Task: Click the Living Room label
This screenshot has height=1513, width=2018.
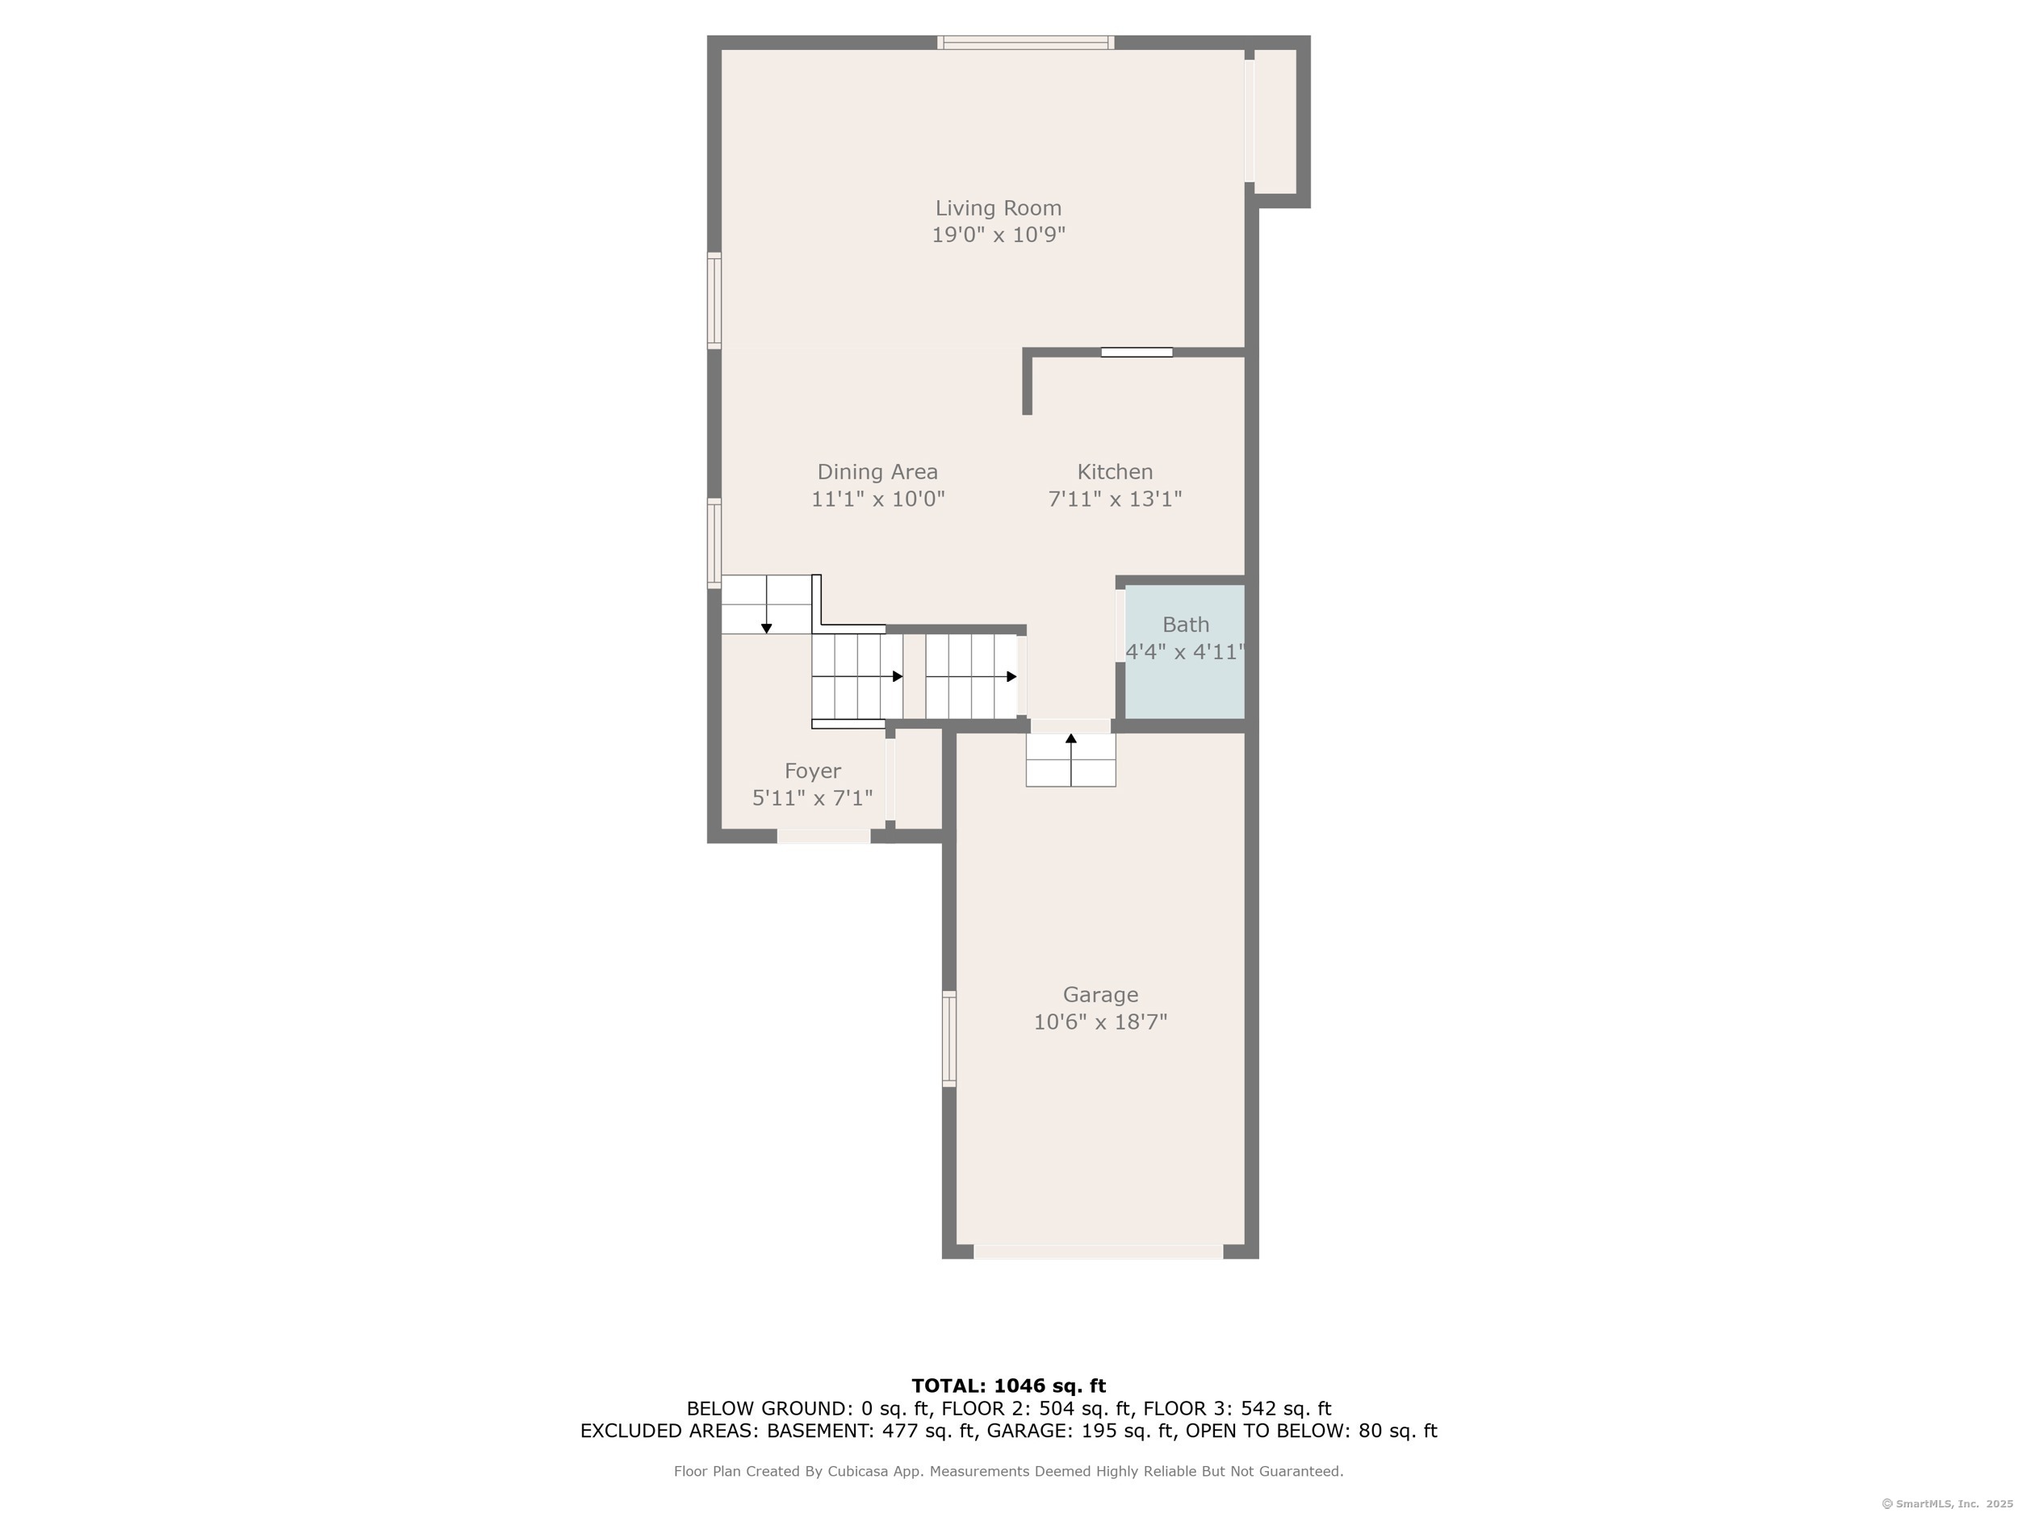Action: pos(998,208)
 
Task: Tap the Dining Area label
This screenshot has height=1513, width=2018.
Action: pos(877,471)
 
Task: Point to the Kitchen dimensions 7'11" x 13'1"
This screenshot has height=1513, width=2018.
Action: pos(1115,499)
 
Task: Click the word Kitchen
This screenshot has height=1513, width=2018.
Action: pos(1115,471)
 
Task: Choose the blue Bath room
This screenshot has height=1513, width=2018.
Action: pos(1185,651)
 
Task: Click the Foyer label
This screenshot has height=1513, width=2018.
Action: pos(813,771)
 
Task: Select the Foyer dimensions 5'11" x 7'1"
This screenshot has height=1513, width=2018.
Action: pos(813,799)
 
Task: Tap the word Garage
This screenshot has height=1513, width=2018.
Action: pos(1100,995)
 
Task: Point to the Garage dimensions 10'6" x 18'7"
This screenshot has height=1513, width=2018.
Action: pos(1100,1022)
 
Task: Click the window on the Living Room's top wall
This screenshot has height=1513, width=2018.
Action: pos(1025,42)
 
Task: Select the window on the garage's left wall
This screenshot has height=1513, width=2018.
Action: pos(948,1039)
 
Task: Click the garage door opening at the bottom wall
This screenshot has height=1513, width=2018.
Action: pos(1099,1252)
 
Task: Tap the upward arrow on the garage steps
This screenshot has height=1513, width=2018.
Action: pos(1071,759)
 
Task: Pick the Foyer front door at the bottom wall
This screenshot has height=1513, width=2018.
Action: pos(824,836)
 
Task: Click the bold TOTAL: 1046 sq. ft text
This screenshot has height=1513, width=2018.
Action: pos(1009,1386)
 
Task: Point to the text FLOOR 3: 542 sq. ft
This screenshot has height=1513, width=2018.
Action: pos(1237,1409)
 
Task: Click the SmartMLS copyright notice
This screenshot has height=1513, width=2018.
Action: pos(1947,1504)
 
